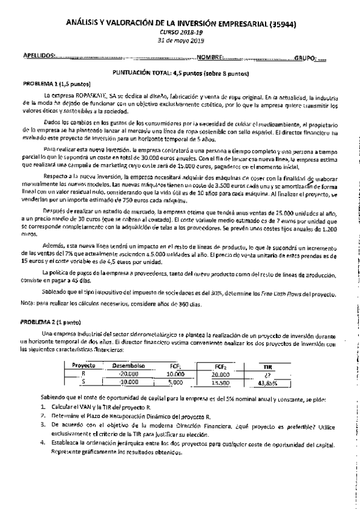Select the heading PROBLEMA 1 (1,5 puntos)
click(x=50, y=84)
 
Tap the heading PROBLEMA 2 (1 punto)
click(x=48, y=322)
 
